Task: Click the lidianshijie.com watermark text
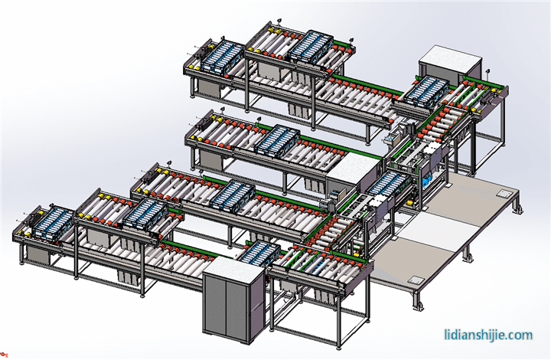488,335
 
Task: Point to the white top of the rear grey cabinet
451,58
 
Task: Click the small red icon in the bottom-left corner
4,355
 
